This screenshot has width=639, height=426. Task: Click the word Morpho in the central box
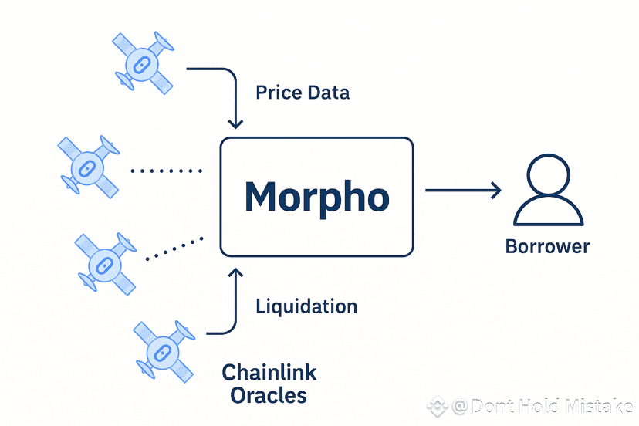coord(316,198)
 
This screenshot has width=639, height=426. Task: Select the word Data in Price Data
coord(328,93)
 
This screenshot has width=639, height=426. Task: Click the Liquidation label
coord(306,306)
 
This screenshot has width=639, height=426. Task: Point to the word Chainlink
coord(269,374)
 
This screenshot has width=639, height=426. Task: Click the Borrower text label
coord(547,247)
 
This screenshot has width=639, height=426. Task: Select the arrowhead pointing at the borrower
coord(496,189)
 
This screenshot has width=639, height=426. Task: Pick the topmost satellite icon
coord(144,62)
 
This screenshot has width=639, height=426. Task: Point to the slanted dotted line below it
coord(175,246)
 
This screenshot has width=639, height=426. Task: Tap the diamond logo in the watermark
coord(438,405)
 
